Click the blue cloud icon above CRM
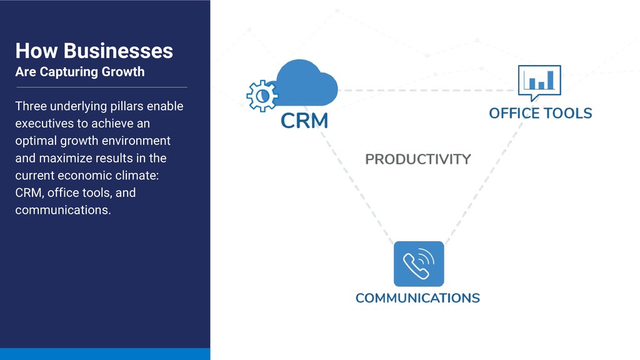(x=306, y=84)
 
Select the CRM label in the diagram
(x=304, y=121)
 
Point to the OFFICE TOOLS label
(x=540, y=113)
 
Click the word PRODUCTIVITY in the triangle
(x=417, y=159)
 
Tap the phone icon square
(x=418, y=264)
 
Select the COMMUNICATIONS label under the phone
(x=417, y=298)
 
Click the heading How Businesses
(x=94, y=51)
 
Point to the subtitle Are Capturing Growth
(x=79, y=72)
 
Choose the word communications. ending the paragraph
(x=62, y=210)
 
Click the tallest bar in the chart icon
(x=550, y=79)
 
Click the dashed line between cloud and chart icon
(x=425, y=91)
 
